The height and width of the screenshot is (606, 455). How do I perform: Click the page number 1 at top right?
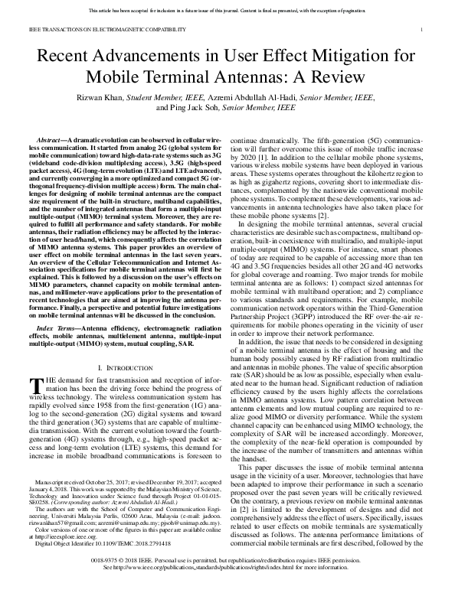click(x=423, y=30)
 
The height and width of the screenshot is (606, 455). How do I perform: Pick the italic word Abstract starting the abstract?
click(x=51, y=142)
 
